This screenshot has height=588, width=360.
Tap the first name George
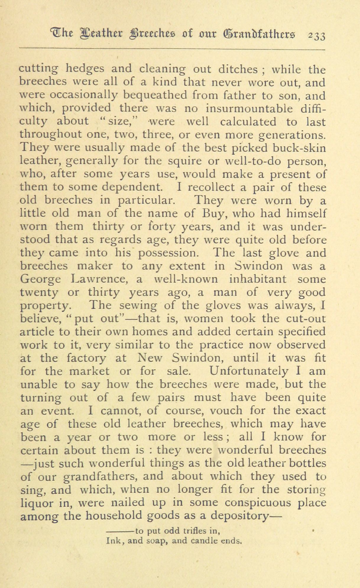pyautogui.click(x=40, y=280)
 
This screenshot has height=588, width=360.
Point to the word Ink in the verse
pyautogui.click(x=114, y=541)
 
